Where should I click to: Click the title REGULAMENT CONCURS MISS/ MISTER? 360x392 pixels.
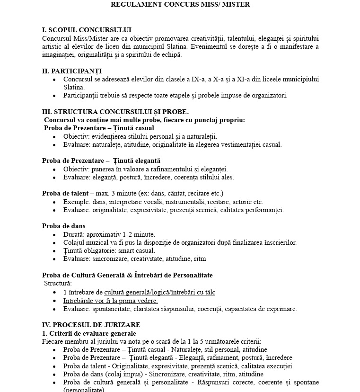(x=180, y=4)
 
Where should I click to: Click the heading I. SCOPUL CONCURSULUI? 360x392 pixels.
(x=87, y=30)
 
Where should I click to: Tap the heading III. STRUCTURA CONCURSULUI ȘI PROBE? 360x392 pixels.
(x=115, y=112)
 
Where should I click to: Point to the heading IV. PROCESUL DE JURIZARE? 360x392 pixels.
(x=91, y=325)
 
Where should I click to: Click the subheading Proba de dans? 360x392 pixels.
(x=63, y=226)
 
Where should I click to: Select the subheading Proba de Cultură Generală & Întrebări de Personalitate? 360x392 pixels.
(x=127, y=276)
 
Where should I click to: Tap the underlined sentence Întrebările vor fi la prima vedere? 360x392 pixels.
(x=111, y=301)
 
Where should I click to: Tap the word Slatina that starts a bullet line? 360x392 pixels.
(x=74, y=88)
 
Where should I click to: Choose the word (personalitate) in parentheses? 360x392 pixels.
(x=84, y=390)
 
